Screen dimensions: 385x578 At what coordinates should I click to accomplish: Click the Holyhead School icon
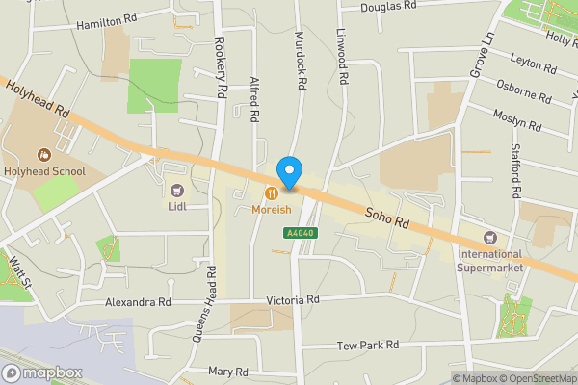(42, 154)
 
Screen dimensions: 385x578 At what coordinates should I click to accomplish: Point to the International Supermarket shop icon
(489, 238)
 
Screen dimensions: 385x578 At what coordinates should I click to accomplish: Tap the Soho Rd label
(387, 215)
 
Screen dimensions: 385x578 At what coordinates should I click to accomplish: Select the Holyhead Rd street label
(38, 99)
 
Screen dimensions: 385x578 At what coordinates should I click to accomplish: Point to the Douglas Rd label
(388, 6)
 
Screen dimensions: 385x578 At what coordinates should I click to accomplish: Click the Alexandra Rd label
(138, 301)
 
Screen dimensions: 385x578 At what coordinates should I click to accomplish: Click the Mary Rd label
(228, 372)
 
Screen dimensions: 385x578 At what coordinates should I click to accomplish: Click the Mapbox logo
(41, 372)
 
